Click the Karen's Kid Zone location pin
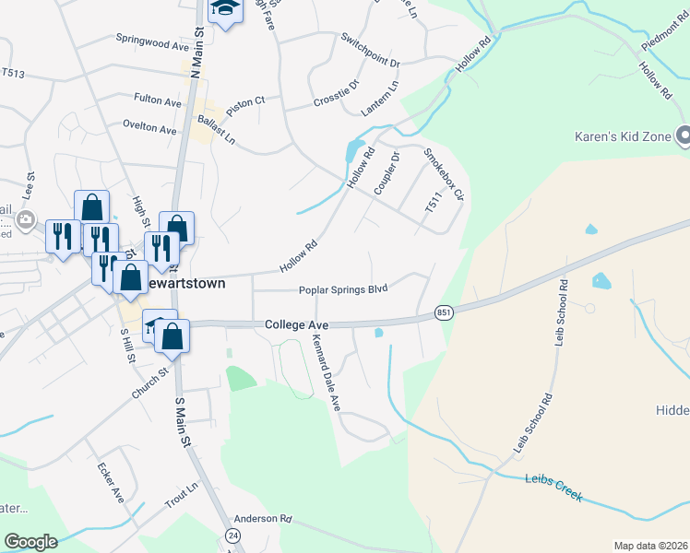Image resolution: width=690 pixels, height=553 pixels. (683, 135)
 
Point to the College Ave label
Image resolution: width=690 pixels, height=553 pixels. (296, 325)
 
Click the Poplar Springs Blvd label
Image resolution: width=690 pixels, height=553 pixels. (342, 289)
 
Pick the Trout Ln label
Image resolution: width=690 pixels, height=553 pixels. (181, 494)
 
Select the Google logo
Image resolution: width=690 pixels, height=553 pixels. (30, 542)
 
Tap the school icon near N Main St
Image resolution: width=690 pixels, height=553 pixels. (223, 9)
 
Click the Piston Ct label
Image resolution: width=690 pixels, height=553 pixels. (245, 100)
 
